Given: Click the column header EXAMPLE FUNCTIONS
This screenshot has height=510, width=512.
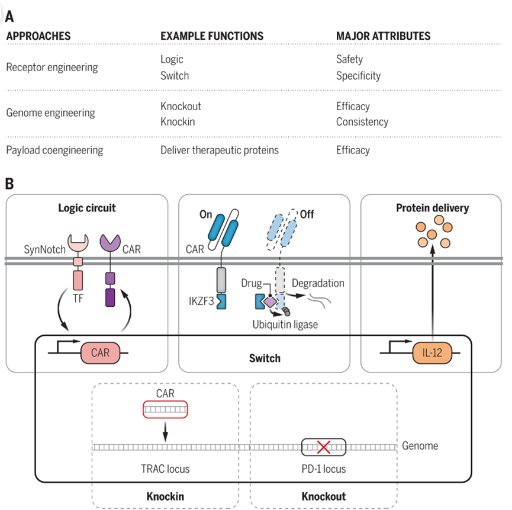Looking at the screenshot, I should coord(212,36).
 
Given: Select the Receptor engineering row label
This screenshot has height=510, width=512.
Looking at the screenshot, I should coord(52,67).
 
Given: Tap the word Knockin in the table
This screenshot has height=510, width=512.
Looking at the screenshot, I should coord(178,121).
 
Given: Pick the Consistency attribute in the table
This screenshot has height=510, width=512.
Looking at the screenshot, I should coord(362,121).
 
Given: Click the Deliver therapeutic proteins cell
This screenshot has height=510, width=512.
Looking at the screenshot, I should coord(220,150).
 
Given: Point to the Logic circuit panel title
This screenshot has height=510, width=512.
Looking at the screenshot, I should coord(87,208).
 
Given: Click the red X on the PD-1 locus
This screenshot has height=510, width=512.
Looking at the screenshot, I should coord(323,446).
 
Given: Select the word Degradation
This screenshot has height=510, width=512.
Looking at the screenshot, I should coord(317,283).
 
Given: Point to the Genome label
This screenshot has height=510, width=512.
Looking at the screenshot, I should coord(420,445).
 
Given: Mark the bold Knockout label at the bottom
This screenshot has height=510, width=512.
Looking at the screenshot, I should coord(324,496).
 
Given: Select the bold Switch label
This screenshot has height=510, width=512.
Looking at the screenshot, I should coord(265,358).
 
